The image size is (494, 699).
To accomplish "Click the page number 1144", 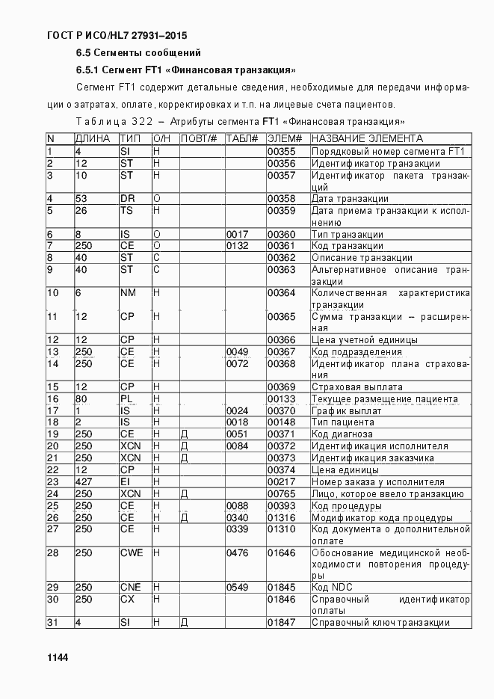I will (58, 657).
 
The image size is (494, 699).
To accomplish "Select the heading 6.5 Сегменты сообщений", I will (138, 53).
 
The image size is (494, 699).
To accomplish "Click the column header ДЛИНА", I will (93, 139).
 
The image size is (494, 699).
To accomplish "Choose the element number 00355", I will (281, 151).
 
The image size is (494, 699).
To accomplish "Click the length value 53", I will (80, 199).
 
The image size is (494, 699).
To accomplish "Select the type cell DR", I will (127, 199).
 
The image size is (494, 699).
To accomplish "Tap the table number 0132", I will (237, 246).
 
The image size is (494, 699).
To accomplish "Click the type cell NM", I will (128, 293).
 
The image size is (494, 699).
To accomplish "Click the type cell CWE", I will (132, 552).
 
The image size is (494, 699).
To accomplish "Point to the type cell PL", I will (126, 398).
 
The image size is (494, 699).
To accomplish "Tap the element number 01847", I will (281, 623).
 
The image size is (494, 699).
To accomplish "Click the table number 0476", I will (237, 552).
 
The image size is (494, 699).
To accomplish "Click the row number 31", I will (52, 623).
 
